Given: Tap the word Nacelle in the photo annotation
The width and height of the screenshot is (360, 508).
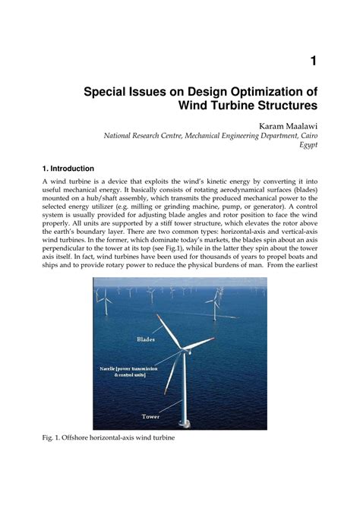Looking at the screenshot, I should click(109, 367).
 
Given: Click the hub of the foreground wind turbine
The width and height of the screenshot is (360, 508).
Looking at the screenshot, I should click(182, 351).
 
